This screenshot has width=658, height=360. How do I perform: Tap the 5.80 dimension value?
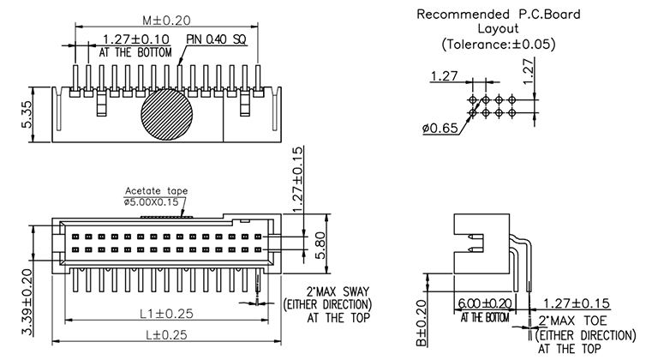(317, 241)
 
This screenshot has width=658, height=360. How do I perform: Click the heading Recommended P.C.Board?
(486, 15)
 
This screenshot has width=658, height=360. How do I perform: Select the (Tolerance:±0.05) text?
(498, 44)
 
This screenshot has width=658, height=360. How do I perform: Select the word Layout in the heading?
(497, 28)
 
